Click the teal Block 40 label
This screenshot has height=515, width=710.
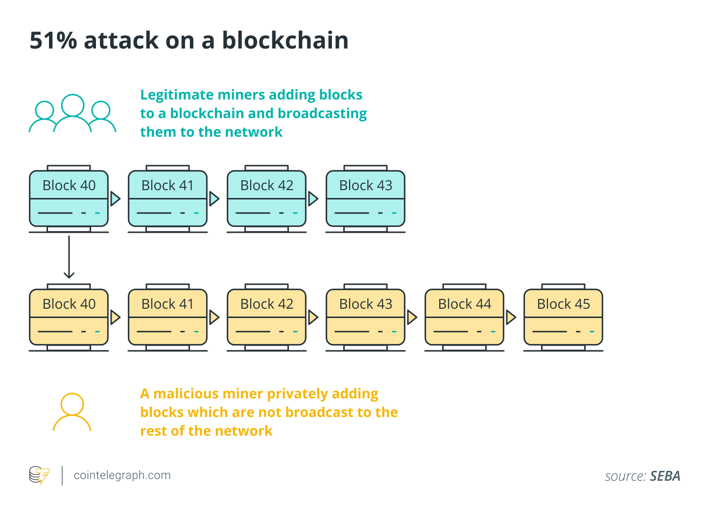(69, 186)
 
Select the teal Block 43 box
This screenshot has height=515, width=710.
(365, 199)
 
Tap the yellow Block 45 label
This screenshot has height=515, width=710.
(563, 304)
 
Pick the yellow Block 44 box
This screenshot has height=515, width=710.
(464, 318)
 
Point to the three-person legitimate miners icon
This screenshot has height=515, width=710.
(72, 114)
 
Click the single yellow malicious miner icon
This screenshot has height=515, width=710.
(72, 412)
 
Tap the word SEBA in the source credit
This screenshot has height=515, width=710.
(665, 476)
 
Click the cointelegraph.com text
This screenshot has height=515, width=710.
(122, 475)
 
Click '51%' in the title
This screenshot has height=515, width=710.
(53, 41)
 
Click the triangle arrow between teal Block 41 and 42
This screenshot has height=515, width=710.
(214, 198)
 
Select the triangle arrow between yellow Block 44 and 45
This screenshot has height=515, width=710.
(511, 318)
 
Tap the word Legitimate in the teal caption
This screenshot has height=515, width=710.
(176, 95)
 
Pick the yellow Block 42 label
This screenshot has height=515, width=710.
(266, 304)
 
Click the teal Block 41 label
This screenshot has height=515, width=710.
(167, 186)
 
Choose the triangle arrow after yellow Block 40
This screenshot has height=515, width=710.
(115, 318)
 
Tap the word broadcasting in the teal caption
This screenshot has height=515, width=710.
(322, 114)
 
